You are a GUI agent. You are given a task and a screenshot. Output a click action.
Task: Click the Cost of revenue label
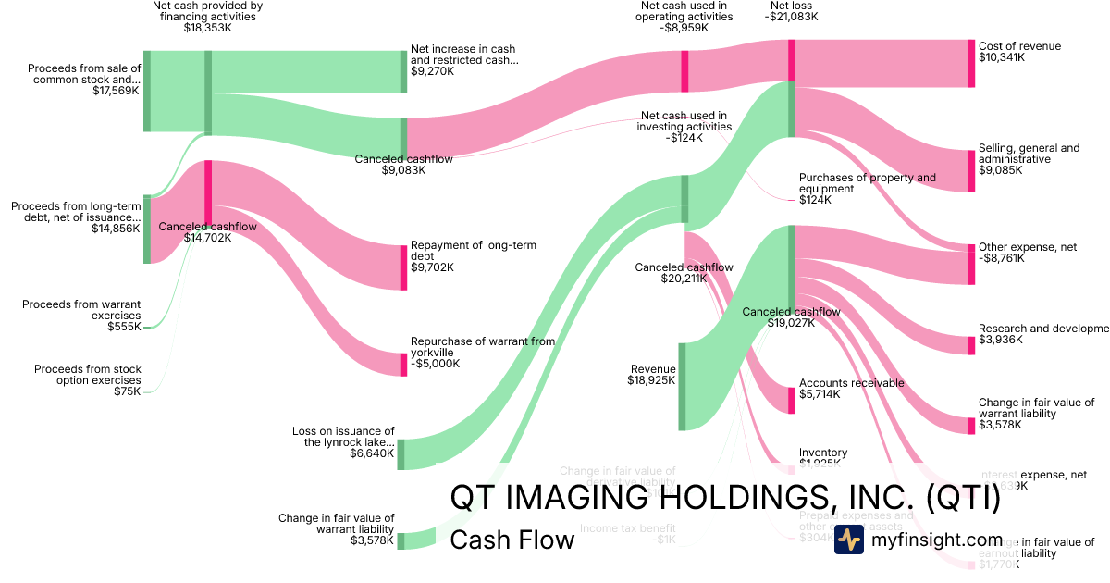click(1019, 46)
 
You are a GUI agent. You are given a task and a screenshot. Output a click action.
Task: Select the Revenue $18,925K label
click(651, 374)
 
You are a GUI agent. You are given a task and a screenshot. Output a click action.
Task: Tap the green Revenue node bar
click(682, 386)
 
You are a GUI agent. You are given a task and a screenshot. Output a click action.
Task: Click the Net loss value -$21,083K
click(792, 17)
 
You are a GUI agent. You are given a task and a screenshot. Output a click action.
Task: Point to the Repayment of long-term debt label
click(474, 251)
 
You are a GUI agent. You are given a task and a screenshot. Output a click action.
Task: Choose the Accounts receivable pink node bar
click(791, 400)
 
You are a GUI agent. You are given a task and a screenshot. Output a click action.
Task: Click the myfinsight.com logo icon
click(849, 540)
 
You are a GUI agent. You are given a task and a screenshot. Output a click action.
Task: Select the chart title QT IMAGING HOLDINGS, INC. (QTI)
click(725, 498)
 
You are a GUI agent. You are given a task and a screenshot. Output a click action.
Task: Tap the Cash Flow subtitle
click(512, 540)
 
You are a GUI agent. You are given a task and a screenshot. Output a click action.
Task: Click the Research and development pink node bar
click(971, 339)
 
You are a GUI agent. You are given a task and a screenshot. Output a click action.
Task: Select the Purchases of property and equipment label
click(867, 183)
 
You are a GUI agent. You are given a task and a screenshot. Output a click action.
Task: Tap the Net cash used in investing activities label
click(684, 127)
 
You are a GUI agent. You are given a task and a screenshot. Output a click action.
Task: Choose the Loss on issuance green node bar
click(401, 453)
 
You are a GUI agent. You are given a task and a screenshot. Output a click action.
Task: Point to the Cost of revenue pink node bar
click(971, 64)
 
